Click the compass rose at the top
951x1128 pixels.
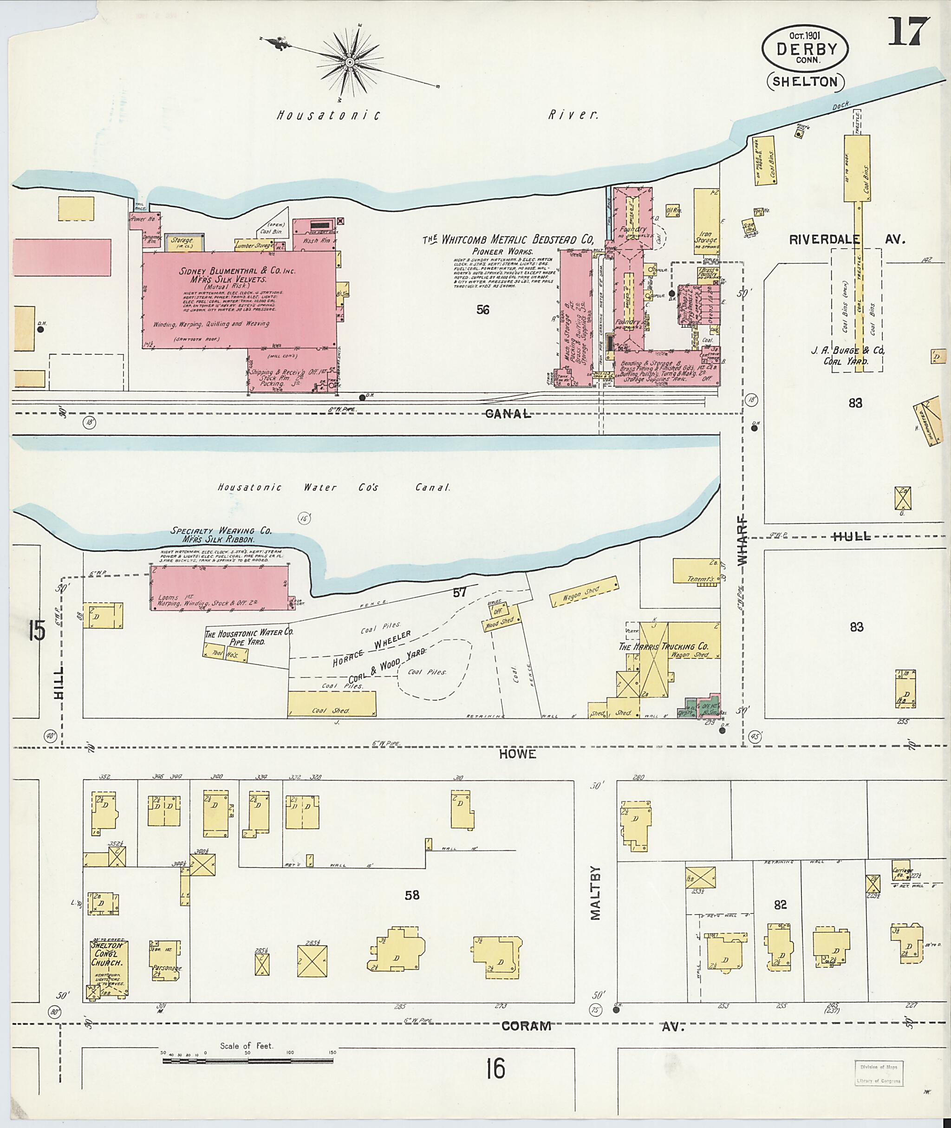pyautogui.click(x=349, y=63)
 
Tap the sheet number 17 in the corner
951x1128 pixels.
pyautogui.click(x=909, y=33)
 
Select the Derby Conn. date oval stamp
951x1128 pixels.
pyautogui.click(x=805, y=48)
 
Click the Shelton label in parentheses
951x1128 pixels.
pyautogui.click(x=805, y=82)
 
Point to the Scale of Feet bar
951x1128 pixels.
pyautogui.click(x=248, y=1061)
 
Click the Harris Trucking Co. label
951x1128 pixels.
pyautogui.click(x=663, y=646)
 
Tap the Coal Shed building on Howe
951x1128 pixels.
pyautogui.click(x=331, y=704)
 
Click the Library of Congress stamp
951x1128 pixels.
pyautogui.click(x=879, y=1073)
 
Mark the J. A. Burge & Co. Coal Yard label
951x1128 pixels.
pyautogui.click(x=848, y=356)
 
